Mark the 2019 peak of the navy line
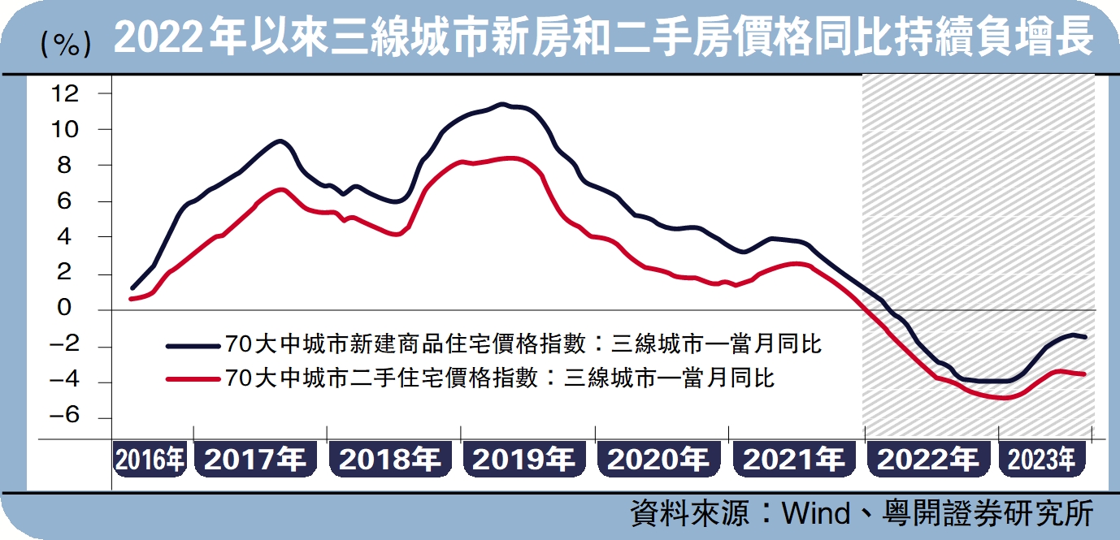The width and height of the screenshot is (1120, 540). click(x=501, y=104)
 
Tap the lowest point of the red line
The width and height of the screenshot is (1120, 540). click(x=1005, y=398)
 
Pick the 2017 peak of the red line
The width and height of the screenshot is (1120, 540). click(x=280, y=189)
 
